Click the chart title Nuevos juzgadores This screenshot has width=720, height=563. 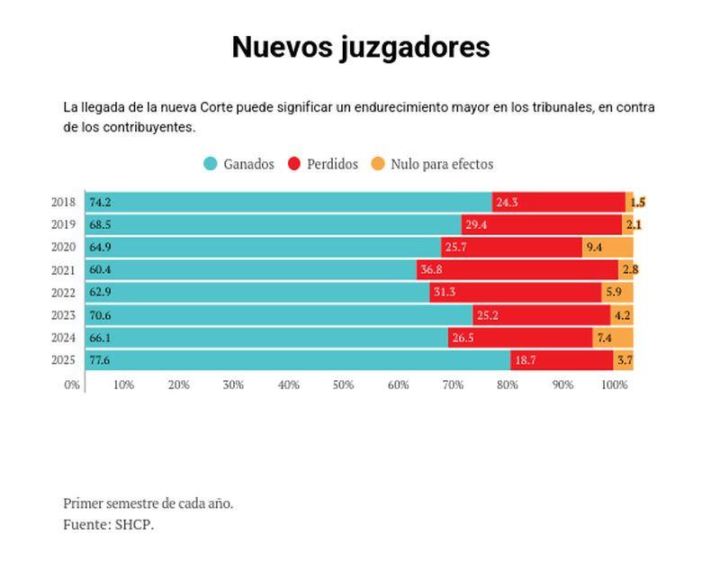[360, 47]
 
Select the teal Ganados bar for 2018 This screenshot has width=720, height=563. [288, 202]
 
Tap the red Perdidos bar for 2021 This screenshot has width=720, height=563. [517, 269]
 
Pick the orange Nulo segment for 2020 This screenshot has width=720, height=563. [607, 247]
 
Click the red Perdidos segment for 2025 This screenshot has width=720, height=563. [562, 360]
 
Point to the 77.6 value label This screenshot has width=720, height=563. [99, 360]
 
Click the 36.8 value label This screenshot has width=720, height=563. [432, 269]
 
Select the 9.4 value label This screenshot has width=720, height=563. [594, 247]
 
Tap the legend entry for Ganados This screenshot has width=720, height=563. [238, 164]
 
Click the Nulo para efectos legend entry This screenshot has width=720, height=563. [432, 164]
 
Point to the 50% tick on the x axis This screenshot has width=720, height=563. [343, 385]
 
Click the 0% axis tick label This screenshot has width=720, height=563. [71, 385]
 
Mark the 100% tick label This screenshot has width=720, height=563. [615, 385]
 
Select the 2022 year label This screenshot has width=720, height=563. [63, 292]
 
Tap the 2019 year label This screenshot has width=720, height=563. [63, 224]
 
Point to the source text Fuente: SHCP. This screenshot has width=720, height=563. [108, 524]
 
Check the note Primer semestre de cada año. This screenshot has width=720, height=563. [148, 503]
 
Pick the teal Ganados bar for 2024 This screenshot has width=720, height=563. [267, 338]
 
